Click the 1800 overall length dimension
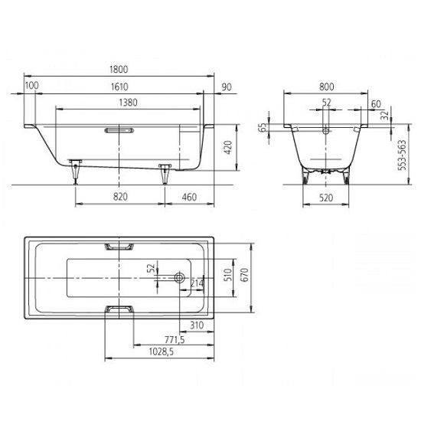(119, 70)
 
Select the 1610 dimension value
(119, 87)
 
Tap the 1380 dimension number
(128, 103)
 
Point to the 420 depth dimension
(228, 148)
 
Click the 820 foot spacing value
(120, 197)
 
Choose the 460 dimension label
(189, 198)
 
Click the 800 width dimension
(327, 87)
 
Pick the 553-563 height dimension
(402, 155)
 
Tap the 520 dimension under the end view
(326, 198)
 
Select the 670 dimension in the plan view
(244, 275)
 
